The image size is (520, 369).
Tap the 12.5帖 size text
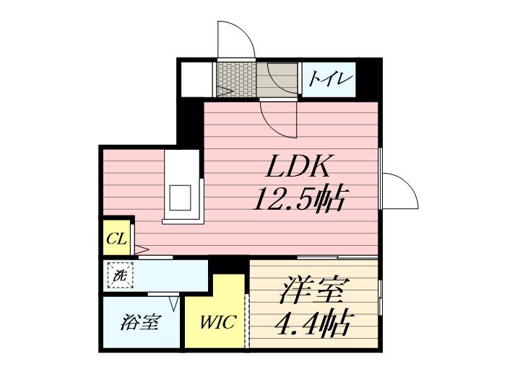pos(297,197)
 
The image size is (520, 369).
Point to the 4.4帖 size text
pos(312,321)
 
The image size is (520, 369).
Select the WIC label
pos(218,322)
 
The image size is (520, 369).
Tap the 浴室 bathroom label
pos(139,323)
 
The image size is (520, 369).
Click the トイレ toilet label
pos(329,78)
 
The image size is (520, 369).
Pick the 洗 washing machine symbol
pos(118,275)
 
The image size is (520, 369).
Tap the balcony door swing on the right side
pos(399,191)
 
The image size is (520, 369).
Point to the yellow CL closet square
pos(116,238)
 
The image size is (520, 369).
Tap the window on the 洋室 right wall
pos(380,297)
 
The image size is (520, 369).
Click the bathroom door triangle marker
pos(173,302)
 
